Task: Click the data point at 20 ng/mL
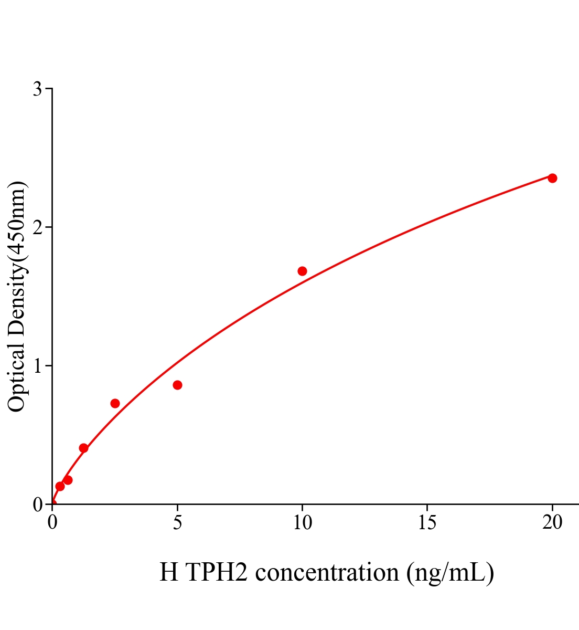click(552, 178)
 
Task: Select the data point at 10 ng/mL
click(302, 271)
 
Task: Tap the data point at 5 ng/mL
click(177, 385)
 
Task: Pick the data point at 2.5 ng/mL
click(115, 403)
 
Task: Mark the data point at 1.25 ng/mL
click(83, 448)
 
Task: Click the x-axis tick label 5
click(177, 522)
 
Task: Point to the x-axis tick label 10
click(302, 522)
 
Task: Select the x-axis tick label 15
click(427, 522)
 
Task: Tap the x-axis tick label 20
click(552, 522)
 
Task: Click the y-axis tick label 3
click(38, 89)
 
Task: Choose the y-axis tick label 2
click(38, 227)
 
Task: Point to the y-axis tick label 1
click(38, 366)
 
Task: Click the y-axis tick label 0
click(38, 505)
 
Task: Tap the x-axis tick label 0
click(52, 522)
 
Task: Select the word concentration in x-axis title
click(327, 572)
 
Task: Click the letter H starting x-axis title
click(168, 572)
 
